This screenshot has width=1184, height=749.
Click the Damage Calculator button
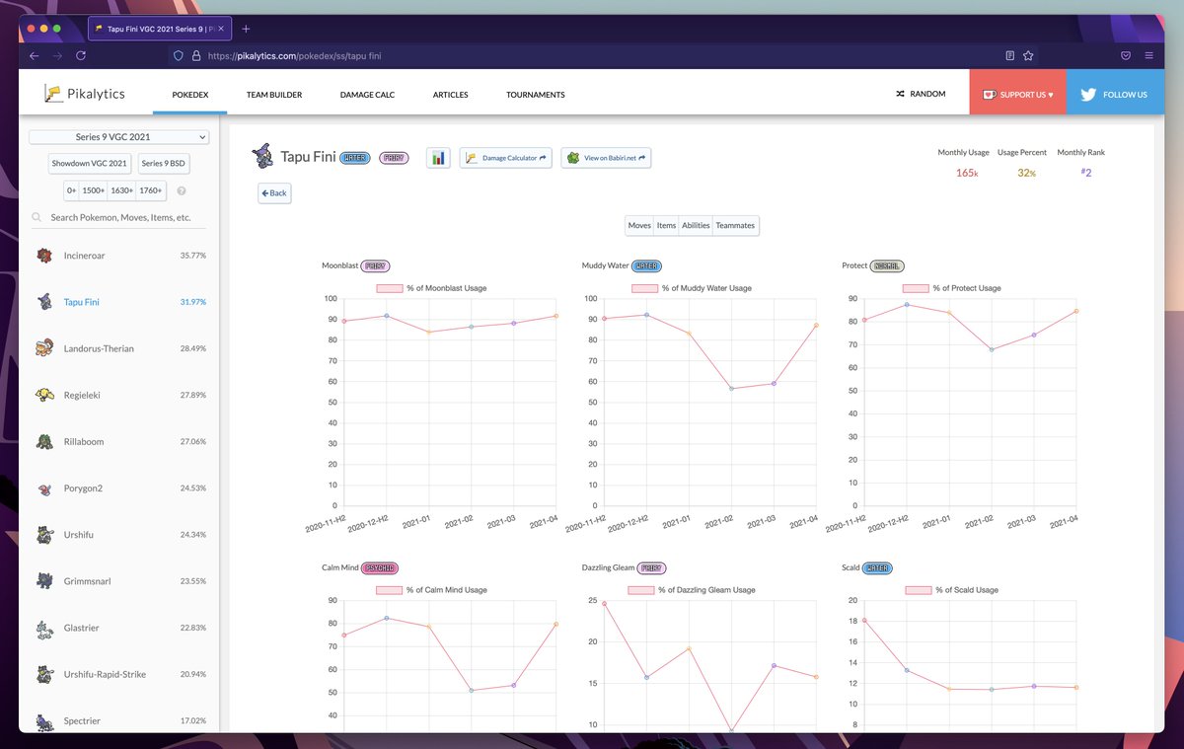click(506, 158)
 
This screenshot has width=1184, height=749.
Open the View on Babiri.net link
click(606, 158)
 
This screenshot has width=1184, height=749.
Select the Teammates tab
click(735, 226)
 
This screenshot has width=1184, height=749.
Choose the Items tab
click(666, 226)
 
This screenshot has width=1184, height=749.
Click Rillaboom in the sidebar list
click(83, 441)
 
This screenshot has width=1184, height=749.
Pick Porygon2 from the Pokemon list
click(83, 487)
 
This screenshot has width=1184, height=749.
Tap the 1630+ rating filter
click(122, 190)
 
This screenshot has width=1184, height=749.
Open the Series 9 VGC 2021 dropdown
click(118, 137)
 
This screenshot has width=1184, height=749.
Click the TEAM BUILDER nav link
click(274, 95)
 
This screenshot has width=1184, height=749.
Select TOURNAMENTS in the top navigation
click(535, 95)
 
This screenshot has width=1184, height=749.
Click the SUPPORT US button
click(1017, 95)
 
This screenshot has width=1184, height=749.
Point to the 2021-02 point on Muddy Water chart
click(731, 389)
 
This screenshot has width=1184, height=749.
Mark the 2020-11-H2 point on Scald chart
click(864, 620)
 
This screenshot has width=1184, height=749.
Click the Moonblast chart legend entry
click(431, 288)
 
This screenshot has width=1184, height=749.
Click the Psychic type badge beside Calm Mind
click(380, 567)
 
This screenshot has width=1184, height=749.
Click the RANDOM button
click(921, 94)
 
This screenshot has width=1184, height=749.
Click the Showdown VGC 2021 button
click(90, 163)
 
